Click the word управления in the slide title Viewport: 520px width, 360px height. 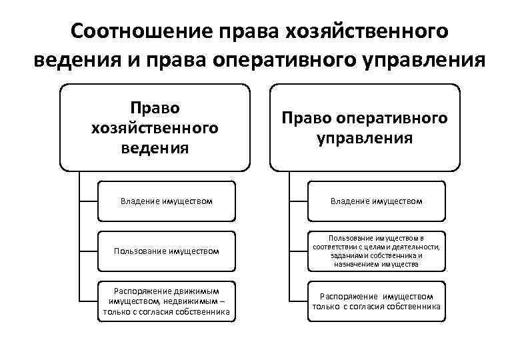pyautogui.click(x=425, y=61)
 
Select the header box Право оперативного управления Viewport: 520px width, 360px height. pyautogui.click(x=365, y=127)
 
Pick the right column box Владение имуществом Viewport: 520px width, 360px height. pyautogui.click(x=377, y=200)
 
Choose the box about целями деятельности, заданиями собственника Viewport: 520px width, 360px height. pyautogui.click(x=377, y=251)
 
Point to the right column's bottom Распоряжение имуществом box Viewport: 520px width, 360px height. pyautogui.click(x=377, y=301)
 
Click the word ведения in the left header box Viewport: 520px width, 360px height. pyautogui.click(x=155, y=147)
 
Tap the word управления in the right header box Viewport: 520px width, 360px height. pyautogui.click(x=365, y=138)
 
